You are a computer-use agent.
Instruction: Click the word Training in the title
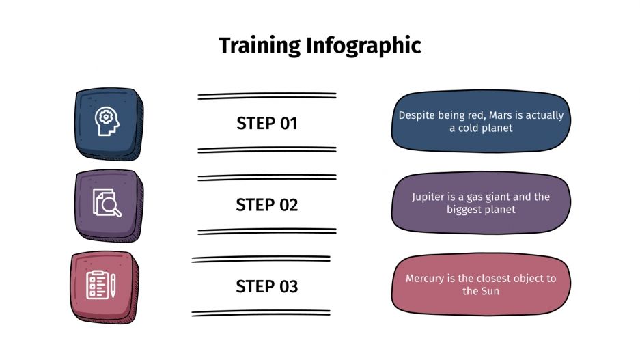click(260, 46)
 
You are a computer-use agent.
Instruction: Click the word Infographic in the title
click(363, 46)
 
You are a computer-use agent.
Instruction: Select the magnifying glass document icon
click(107, 203)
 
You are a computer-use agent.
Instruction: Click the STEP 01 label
click(267, 124)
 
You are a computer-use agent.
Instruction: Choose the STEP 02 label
click(267, 205)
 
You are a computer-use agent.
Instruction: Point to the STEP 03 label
click(267, 286)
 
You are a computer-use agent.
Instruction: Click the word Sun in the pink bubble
click(490, 291)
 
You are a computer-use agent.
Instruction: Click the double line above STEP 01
click(267, 96)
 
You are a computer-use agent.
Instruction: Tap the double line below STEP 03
click(261, 313)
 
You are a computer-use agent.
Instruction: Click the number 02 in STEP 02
click(287, 205)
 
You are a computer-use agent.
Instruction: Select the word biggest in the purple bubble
click(464, 210)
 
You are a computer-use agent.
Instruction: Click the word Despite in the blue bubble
click(417, 115)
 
